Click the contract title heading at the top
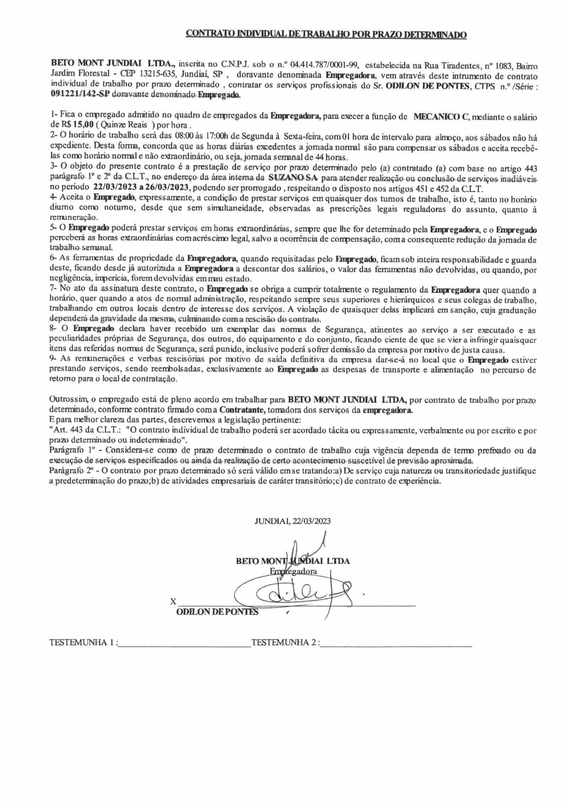326,34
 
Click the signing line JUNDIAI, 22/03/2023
293,521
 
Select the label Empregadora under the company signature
293,571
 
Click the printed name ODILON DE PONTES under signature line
217,612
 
